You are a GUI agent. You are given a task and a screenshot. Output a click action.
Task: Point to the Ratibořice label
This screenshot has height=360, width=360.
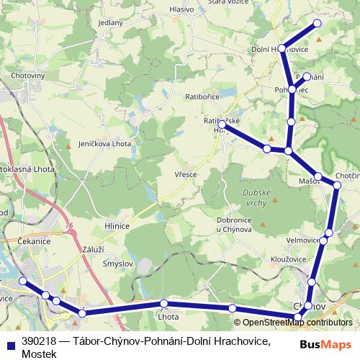coord(202,95)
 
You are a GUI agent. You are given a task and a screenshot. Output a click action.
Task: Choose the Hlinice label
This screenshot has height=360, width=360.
coord(117,225)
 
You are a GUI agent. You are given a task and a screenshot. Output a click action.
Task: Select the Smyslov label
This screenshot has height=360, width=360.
coord(117,264)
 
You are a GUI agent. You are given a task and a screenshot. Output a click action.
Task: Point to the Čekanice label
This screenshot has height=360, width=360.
coord(34,241)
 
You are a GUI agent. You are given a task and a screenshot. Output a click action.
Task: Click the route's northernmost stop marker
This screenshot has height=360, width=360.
coord(317,24)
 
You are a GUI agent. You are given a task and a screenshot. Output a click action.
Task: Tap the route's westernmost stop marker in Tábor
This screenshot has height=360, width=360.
coord(22,281)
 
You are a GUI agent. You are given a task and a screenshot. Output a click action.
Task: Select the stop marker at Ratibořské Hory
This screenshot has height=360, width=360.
coord(222,125)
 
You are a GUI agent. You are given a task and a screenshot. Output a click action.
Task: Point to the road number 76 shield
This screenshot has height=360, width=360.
coord(68,226)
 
